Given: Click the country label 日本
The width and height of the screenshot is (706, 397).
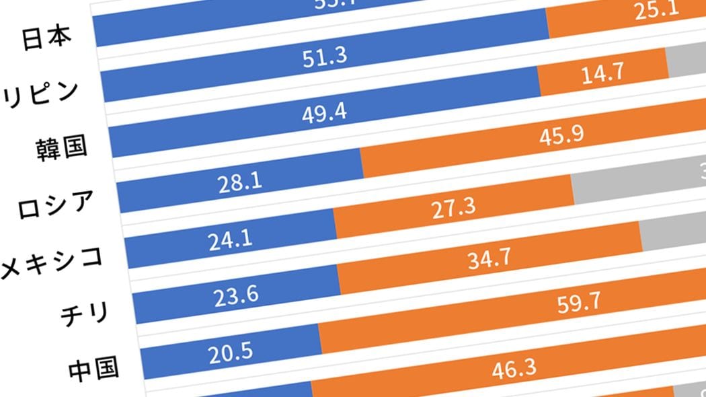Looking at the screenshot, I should point(46,38).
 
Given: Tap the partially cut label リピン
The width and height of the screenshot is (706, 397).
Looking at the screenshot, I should point(40,92).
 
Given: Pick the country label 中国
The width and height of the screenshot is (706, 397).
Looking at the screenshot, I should point(93,368).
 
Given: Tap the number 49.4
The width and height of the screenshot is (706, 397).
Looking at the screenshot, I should point(325,112).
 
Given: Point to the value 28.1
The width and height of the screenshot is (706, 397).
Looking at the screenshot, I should point(240,182).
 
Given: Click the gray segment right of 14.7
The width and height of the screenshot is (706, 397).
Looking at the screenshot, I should point(686,64).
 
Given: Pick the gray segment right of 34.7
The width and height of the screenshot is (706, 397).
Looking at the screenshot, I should point(672,236).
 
